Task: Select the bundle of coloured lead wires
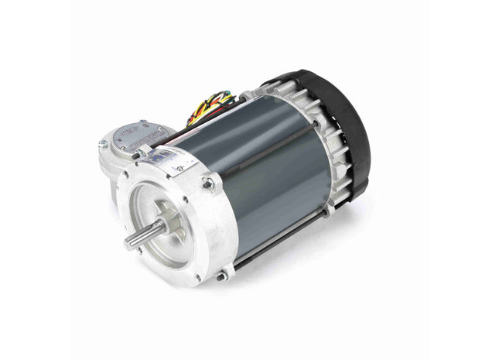pos(210,108)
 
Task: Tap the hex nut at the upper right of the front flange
pos(208,184)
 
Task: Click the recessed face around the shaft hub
pos(182,232)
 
